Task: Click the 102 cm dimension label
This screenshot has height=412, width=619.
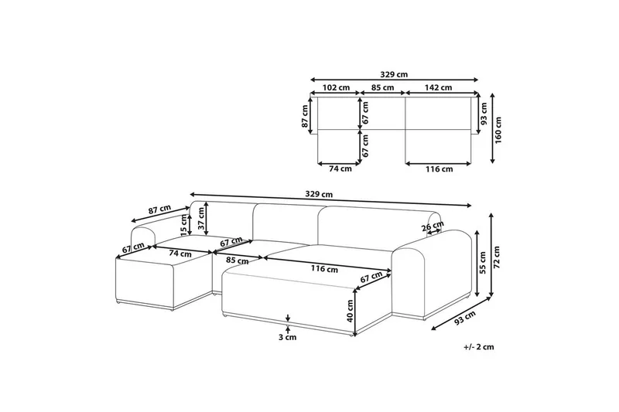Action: click(337, 87)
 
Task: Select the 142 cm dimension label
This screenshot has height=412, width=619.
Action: click(438, 87)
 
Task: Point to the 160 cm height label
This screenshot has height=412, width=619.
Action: click(498, 130)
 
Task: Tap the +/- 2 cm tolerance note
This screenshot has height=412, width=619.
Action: click(479, 347)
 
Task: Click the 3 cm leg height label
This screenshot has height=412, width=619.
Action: click(287, 337)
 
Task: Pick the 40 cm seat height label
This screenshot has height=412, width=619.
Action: click(350, 311)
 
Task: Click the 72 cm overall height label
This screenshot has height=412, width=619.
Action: click(497, 257)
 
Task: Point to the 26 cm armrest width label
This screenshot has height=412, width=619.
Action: click(433, 227)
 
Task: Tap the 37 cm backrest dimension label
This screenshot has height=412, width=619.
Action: click(202, 219)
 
